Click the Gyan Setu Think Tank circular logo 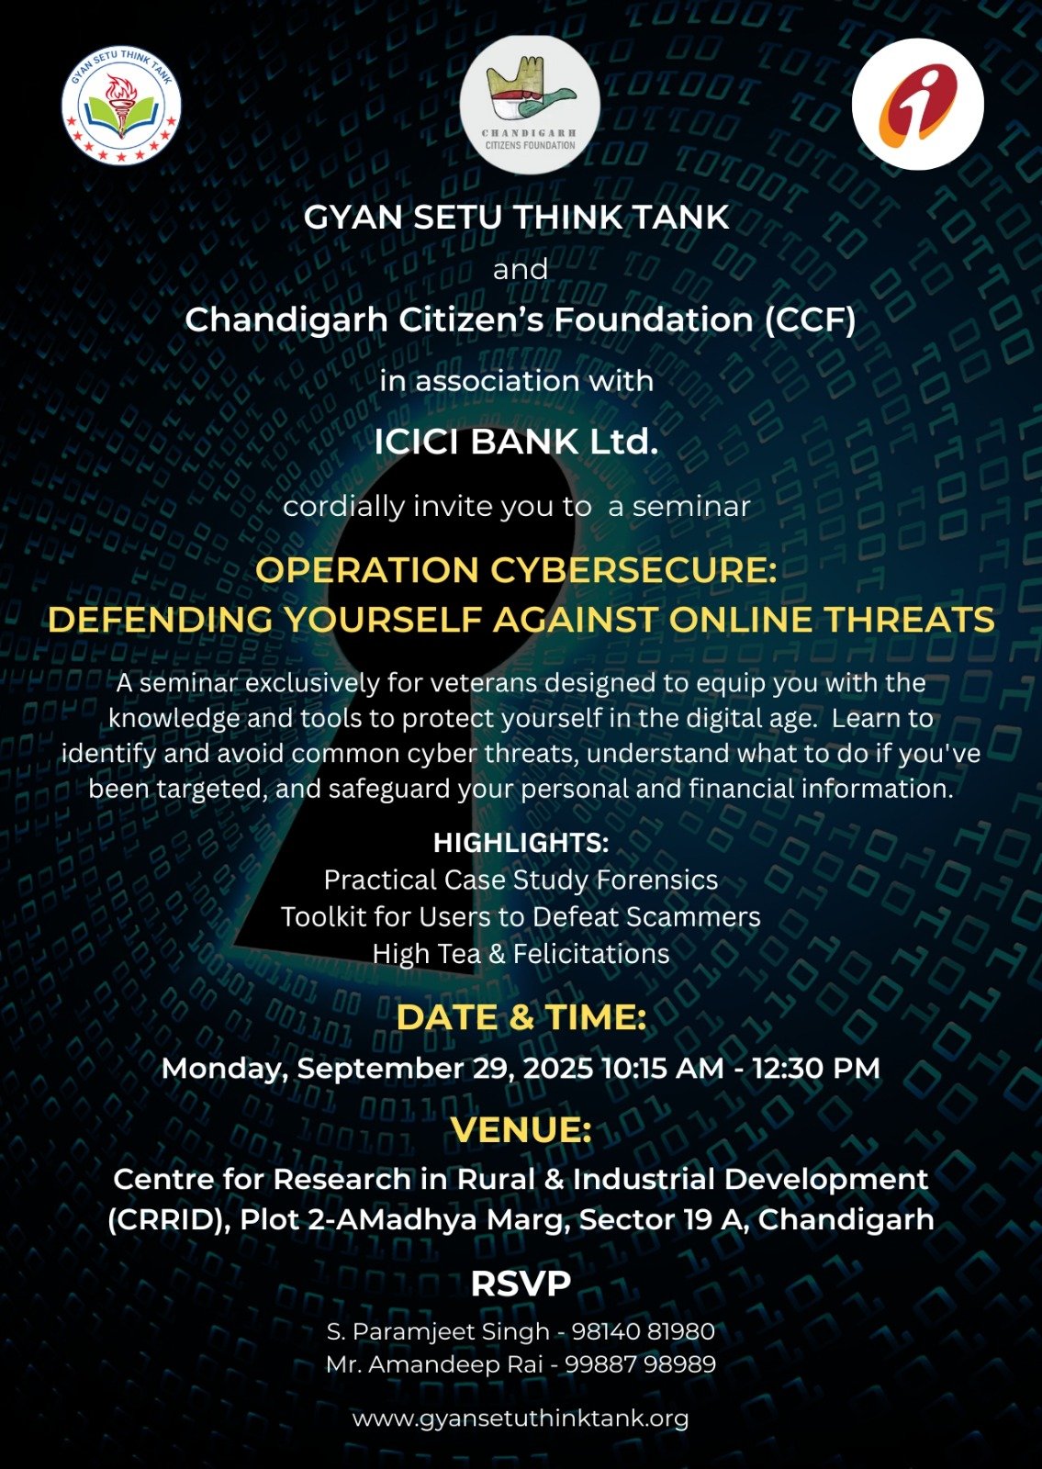(121, 106)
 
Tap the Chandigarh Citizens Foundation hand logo (530, 105)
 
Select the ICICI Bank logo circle (917, 104)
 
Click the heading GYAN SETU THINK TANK (516, 217)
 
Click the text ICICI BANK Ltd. (516, 442)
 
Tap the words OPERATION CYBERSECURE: (516, 569)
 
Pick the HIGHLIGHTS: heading (521, 844)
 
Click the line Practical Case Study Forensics (521, 880)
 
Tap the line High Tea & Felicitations (521, 954)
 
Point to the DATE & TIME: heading (521, 1017)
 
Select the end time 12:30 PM (816, 1069)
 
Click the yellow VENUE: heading (521, 1129)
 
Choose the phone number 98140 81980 (644, 1331)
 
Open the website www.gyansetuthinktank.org (521, 1419)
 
